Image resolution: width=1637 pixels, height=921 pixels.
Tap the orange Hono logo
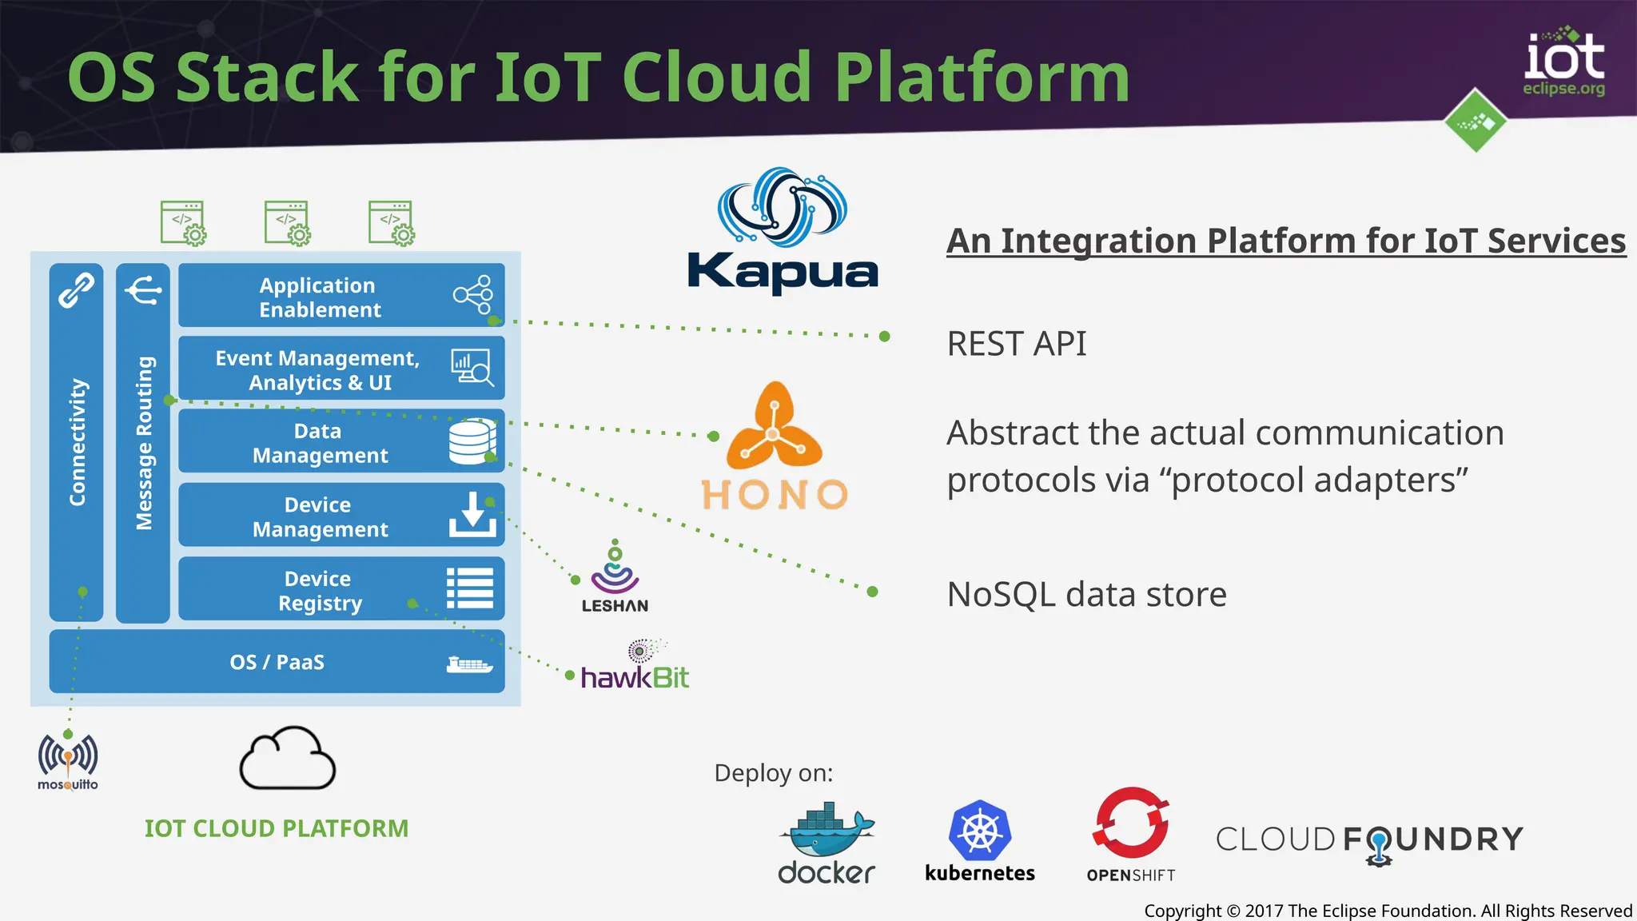point(774,448)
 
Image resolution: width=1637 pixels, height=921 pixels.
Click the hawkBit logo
point(635,668)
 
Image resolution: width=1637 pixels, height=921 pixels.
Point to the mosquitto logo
point(68,762)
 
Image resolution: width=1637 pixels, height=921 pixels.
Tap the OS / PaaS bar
point(277,662)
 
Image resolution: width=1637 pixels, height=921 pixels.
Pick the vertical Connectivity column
point(77,442)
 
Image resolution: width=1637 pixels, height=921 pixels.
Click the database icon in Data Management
point(472,441)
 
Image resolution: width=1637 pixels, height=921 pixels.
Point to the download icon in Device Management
point(472,514)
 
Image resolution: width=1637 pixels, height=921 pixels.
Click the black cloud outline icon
point(288,760)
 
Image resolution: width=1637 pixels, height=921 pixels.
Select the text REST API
point(1016,344)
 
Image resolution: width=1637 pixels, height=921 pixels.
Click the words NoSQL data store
point(1086,595)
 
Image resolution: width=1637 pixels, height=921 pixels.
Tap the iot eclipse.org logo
point(1563,64)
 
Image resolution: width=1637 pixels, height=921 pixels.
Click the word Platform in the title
point(982,78)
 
